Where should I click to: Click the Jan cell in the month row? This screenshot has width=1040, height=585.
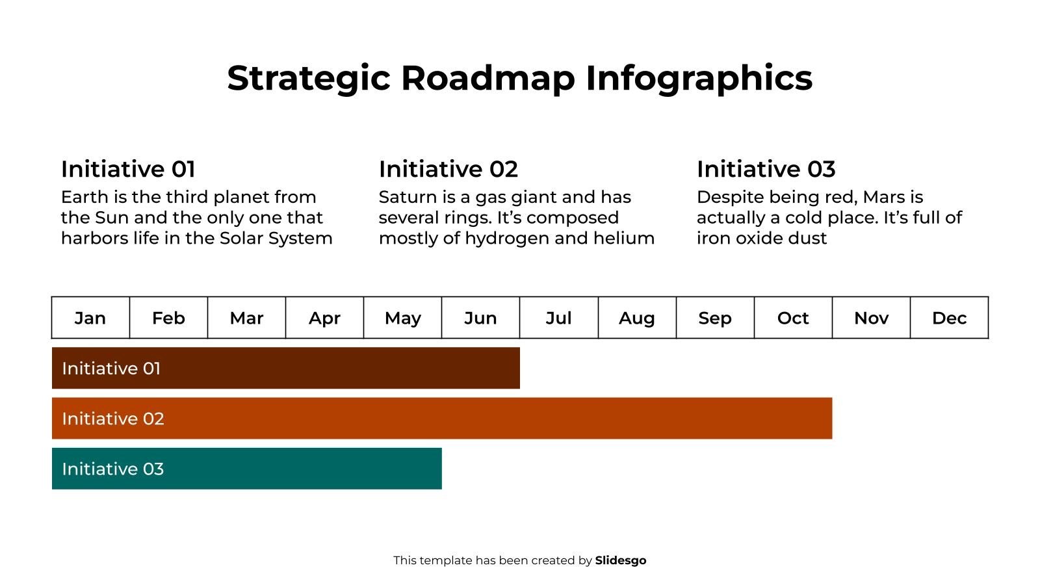(90, 318)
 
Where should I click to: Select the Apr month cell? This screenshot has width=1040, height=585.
(324, 318)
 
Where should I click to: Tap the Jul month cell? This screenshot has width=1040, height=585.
(558, 318)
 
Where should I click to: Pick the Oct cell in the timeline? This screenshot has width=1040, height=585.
(793, 318)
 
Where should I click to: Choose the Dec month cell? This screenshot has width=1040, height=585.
(949, 318)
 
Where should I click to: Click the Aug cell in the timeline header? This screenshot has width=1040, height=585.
(637, 318)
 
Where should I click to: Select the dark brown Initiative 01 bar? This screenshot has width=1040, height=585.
(286, 368)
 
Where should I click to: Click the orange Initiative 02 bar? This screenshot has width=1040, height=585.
(442, 418)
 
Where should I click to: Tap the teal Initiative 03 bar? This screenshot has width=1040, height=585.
(247, 468)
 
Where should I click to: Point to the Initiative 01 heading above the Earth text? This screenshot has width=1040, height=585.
(128, 169)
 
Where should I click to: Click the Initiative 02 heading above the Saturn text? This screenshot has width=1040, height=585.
(448, 169)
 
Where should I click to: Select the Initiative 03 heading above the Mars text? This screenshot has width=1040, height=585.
(766, 169)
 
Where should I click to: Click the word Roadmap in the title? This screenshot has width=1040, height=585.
(487, 78)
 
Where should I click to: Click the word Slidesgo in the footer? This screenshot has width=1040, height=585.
(620, 560)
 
